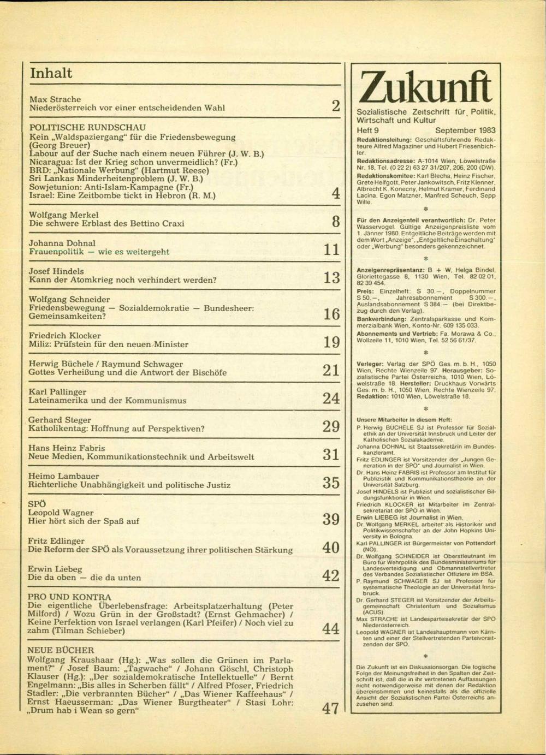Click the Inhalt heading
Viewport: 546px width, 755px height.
pyautogui.click(x=51, y=73)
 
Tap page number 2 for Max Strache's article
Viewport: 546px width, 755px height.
pyautogui.click(x=335, y=106)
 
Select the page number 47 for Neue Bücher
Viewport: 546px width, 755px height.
pyautogui.click(x=330, y=709)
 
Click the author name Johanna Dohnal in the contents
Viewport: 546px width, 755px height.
pyautogui.click(x=62, y=243)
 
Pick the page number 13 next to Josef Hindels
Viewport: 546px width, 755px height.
pyautogui.click(x=331, y=278)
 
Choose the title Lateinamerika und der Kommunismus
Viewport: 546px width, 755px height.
pyautogui.click(x=108, y=400)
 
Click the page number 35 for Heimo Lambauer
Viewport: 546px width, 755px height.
pyautogui.click(x=331, y=483)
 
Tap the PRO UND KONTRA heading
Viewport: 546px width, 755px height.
pyautogui.click(x=69, y=597)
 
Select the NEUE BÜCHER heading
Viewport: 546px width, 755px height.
pyautogui.click(x=61, y=650)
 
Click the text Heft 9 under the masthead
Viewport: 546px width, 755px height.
pyautogui.click(x=367, y=130)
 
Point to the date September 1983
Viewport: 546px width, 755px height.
pyautogui.click(x=465, y=130)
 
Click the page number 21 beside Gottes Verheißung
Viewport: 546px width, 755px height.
pyautogui.click(x=331, y=371)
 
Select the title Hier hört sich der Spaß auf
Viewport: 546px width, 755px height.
pyautogui.click(x=84, y=521)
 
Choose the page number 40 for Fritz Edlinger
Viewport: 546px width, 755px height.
pyautogui.click(x=331, y=548)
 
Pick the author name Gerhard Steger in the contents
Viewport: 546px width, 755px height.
pyautogui.click(x=60, y=420)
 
